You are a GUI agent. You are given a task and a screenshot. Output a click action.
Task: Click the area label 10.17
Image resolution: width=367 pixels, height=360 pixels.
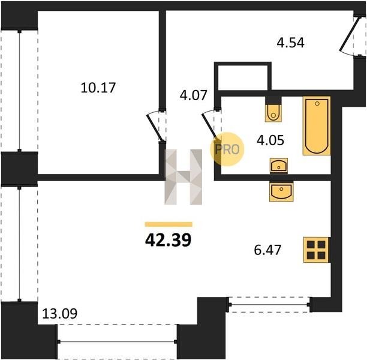[x=98, y=88]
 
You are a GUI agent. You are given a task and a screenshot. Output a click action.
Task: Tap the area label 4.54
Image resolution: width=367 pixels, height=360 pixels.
[x=290, y=43]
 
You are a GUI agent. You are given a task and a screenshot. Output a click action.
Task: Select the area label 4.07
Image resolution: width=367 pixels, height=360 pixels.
[x=193, y=95]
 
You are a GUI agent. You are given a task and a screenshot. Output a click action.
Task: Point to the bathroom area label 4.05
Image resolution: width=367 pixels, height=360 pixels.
[x=270, y=140]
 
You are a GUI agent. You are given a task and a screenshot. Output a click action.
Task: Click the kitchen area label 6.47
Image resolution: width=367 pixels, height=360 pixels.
[x=267, y=250]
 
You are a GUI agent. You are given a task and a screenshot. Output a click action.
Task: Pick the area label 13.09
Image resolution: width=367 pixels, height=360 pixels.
[x=60, y=314]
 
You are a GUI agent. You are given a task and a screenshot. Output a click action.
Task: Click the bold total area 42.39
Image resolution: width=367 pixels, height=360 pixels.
[x=169, y=241]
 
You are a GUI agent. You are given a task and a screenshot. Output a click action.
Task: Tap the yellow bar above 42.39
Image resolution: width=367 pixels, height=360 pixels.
[x=169, y=224]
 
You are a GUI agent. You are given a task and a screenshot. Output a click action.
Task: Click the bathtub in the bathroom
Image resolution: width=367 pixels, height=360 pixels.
[x=317, y=125]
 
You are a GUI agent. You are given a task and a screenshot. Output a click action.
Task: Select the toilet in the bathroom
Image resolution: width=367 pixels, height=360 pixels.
[x=273, y=113]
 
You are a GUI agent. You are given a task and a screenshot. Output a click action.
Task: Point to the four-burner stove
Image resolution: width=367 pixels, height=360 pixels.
[x=316, y=250]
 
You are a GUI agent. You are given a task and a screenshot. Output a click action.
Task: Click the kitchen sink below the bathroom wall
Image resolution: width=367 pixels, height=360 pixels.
[x=282, y=191]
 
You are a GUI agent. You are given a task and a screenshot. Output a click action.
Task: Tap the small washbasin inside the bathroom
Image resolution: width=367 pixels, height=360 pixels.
[x=279, y=166]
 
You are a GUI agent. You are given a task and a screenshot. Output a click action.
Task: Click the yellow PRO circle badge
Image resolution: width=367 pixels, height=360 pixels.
[x=227, y=149]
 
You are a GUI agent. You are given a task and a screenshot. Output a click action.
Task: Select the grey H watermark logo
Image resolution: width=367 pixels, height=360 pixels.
[x=183, y=177]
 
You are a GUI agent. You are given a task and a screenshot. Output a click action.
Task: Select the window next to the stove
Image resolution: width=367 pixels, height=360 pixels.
[x=270, y=305]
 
